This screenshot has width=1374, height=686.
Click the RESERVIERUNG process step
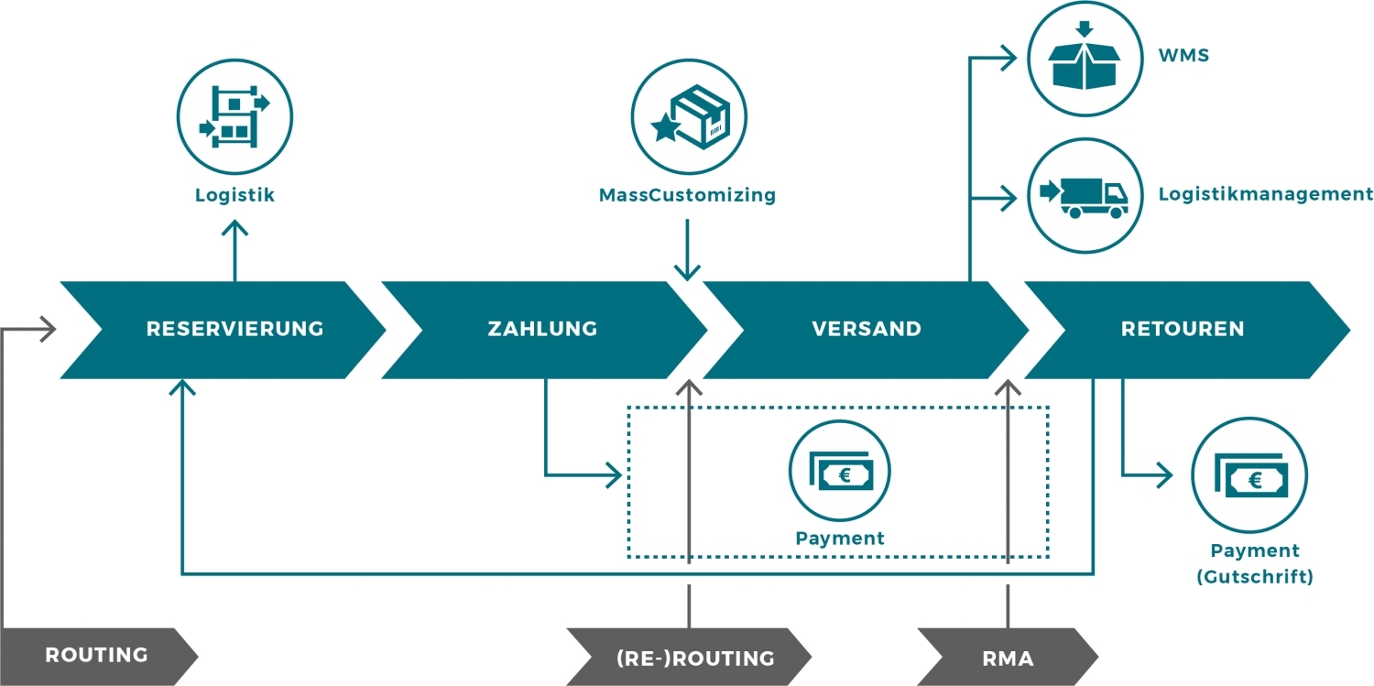click(x=234, y=329)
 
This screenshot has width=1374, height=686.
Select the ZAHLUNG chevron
click(x=542, y=329)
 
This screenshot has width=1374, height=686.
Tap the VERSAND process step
click(x=866, y=329)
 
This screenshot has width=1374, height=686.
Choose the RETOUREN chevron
click(x=1183, y=329)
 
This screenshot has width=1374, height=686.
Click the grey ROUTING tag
click(x=96, y=655)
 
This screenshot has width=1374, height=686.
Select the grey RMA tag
click(x=1008, y=658)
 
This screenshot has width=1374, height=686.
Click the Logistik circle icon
click(x=234, y=116)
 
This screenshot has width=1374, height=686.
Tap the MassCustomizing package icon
click(x=689, y=116)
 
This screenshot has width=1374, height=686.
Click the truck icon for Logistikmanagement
click(x=1085, y=195)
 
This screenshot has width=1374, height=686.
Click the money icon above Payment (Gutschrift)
click(x=1249, y=478)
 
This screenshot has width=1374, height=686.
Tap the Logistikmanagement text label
click(x=1265, y=194)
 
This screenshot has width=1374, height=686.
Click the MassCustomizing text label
click(x=687, y=195)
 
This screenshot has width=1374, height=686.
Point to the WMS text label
click(x=1183, y=56)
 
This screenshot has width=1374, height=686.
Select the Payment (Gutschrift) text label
click(x=1254, y=563)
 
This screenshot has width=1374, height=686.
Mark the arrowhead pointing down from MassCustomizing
click(x=687, y=272)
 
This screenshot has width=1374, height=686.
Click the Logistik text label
click(x=234, y=195)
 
